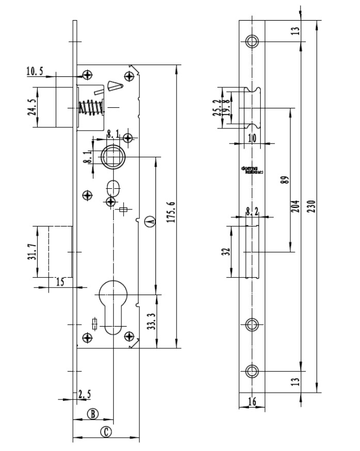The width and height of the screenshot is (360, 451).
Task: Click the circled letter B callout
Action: point(92,413)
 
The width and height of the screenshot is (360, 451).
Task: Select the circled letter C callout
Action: point(105,432)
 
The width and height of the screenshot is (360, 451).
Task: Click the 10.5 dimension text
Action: point(36,71)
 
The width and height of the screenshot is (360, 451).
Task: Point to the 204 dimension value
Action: point(295,206)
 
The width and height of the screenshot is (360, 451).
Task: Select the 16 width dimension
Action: point(252,401)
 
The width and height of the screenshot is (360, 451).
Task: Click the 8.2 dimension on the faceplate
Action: point(252,211)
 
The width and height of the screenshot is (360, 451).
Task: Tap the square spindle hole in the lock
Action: point(112,157)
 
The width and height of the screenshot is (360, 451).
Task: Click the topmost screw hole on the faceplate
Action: point(252,41)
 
